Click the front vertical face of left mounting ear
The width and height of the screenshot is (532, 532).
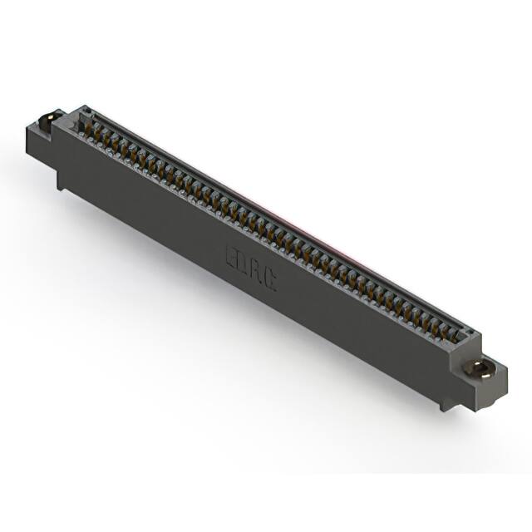click(40, 141)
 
